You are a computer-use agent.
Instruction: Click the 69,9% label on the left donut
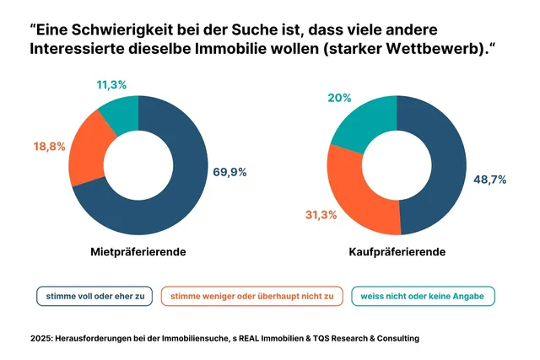pyautogui.click(x=229, y=172)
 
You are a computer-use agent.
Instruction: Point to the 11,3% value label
pyautogui.click(x=112, y=85)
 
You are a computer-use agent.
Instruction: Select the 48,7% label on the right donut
pyautogui.click(x=489, y=180)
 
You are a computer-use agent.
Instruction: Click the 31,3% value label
pyautogui.click(x=321, y=215)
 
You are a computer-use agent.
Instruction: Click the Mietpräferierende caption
pyautogui.click(x=138, y=252)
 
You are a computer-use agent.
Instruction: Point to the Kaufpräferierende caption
pyautogui.click(x=397, y=252)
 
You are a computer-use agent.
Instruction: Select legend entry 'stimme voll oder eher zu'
pyautogui.click(x=94, y=296)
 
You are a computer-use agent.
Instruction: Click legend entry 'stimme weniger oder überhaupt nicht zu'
pyautogui.click(x=252, y=296)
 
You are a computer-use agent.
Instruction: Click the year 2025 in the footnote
pyautogui.click(x=36, y=338)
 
